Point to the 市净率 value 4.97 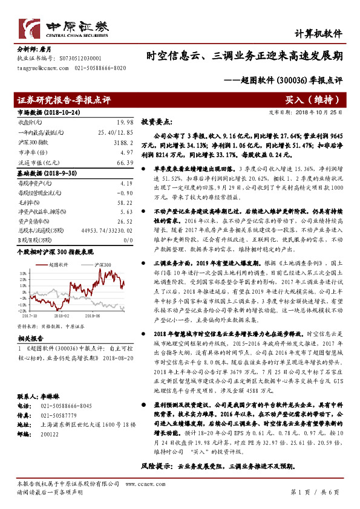click(x=125, y=153)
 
